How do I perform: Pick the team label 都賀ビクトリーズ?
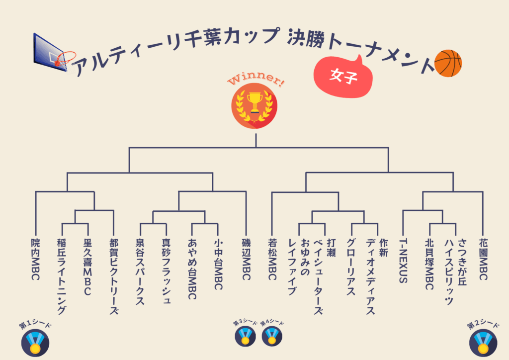[114, 276]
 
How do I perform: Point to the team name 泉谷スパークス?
[140, 271]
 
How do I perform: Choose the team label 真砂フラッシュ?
[167, 271]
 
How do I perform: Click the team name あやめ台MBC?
[193, 269]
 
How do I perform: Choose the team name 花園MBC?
[483, 259]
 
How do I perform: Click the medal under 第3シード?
[245, 337]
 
